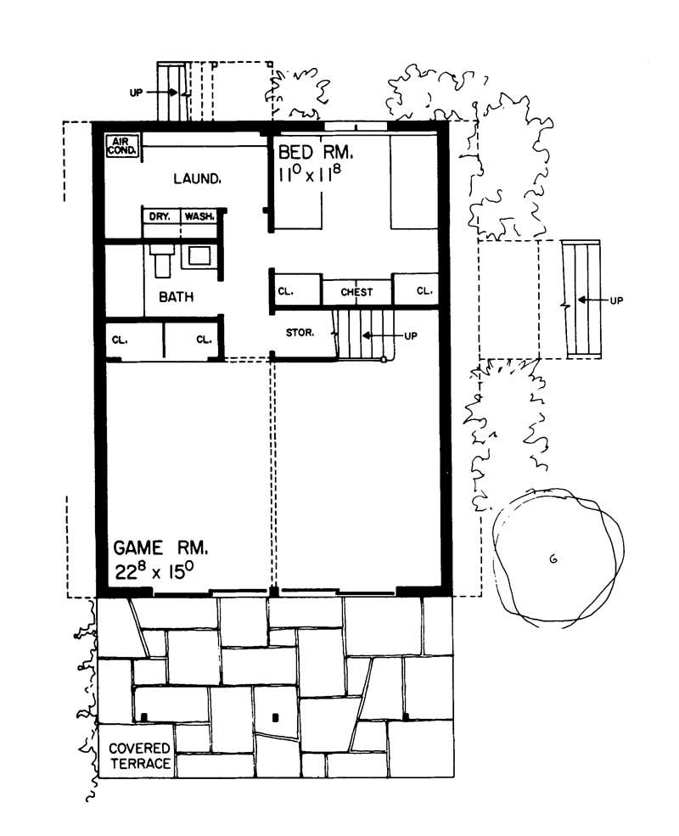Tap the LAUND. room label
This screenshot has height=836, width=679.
[198, 179]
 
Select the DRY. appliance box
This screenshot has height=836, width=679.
[160, 216]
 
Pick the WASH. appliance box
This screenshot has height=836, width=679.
[199, 216]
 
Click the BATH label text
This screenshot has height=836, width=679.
[176, 297]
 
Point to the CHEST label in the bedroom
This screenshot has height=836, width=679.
[356, 292]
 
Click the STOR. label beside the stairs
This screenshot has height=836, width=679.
[300, 333]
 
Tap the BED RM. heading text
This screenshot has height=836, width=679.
[315, 153]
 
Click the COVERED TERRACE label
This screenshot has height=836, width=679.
[139, 756]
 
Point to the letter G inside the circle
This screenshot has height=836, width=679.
[553, 558]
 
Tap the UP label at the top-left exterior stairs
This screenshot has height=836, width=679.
[137, 93]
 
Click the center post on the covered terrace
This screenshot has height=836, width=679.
[275, 718]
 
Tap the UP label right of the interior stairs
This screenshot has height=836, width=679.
[411, 336]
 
